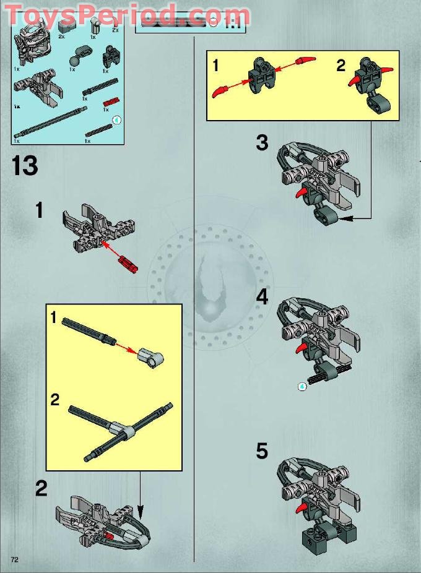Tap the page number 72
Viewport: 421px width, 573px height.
14,559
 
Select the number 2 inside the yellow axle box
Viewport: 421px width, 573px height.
55,400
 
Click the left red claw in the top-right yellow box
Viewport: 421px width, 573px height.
221,92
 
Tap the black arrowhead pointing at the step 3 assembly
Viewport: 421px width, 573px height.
344,218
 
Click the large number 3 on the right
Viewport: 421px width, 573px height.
263,143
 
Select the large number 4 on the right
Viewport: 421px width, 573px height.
263,297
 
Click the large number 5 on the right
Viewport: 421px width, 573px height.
263,451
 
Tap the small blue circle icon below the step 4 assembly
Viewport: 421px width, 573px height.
302,387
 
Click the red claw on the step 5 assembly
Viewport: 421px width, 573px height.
302,509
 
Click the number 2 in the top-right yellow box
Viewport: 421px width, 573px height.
341,66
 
